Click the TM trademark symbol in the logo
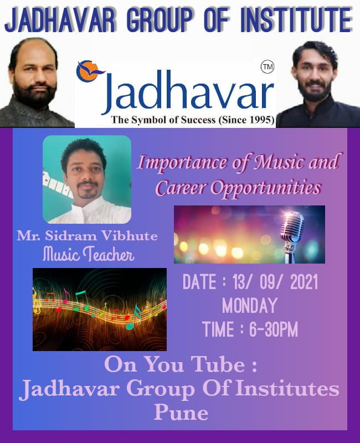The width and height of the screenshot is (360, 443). pyautogui.click(x=267, y=67)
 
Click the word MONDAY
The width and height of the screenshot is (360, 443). pyautogui.click(x=250, y=306)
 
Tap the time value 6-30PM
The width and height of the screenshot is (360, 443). pyautogui.click(x=273, y=329)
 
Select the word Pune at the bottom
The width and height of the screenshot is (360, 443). pyautogui.click(x=181, y=413)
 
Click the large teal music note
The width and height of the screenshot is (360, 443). pyautogui.click(x=134, y=317)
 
